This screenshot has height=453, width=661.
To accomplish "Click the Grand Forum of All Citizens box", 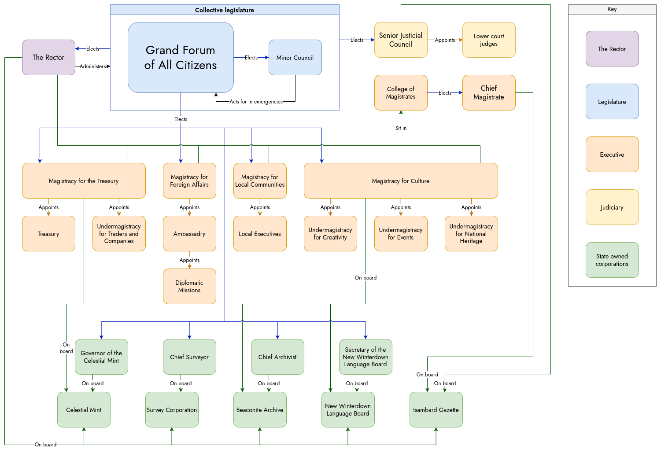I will point(181,58).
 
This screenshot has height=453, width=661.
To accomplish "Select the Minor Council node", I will point(295,58).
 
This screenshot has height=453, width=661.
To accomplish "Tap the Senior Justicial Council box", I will point(401,40).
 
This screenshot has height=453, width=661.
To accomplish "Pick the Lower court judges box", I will point(489,40).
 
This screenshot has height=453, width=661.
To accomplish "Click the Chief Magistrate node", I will point(489,93).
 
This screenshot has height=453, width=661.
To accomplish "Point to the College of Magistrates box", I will point(401,93).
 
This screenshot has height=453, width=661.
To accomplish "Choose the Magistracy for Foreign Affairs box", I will point(189,181).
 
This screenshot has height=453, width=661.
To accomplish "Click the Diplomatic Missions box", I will point(189,287).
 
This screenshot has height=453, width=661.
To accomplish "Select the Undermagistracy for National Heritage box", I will point(471,234).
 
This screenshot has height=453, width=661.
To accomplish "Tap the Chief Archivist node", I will point(277,357).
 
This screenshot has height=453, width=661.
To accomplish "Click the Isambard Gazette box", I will point(436,410).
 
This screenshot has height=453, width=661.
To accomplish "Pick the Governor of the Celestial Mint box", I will point(101,357).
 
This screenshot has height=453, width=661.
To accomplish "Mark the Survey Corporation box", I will point(172,410).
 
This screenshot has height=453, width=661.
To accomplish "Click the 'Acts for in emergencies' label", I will point(256,102).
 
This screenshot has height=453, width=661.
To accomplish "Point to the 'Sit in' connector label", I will point(401,128).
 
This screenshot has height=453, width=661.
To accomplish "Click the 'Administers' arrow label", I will point(92,66).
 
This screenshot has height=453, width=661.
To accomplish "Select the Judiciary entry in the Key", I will point(612,207).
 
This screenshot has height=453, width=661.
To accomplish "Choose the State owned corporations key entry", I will point(612,260).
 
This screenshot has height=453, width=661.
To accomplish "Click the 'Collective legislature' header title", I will point(225,10).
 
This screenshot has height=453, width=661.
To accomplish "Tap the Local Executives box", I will point(260,234).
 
